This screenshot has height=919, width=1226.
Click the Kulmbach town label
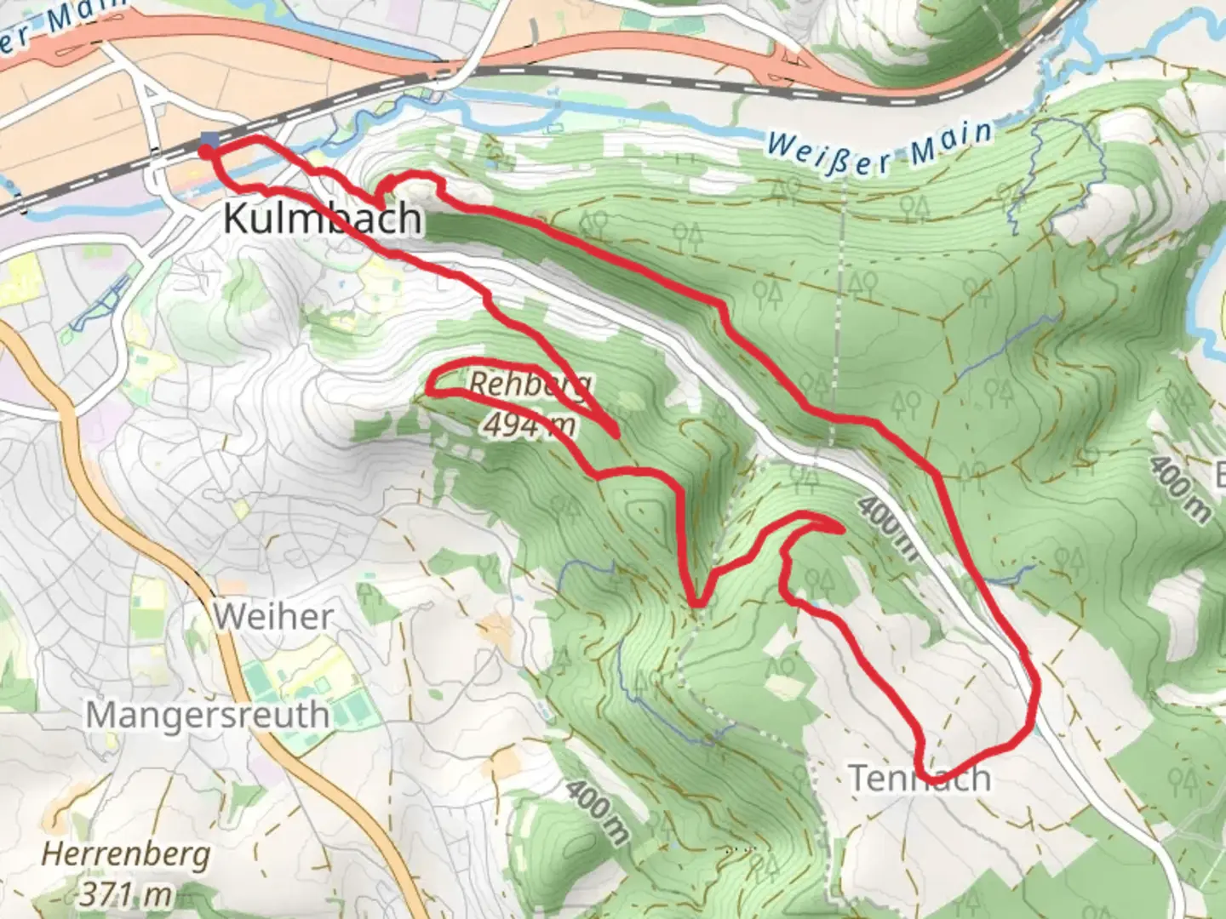(x=322, y=219)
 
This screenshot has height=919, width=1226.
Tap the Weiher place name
(x=272, y=616)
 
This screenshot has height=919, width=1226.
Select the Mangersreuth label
(x=207, y=715)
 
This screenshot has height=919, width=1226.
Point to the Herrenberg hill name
(x=126, y=854)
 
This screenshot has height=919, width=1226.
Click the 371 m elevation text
(x=126, y=893)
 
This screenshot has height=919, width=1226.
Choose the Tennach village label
(x=919, y=778)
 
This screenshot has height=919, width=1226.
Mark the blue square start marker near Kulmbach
(x=209, y=141)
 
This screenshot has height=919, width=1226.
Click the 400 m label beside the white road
(x=887, y=528)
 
